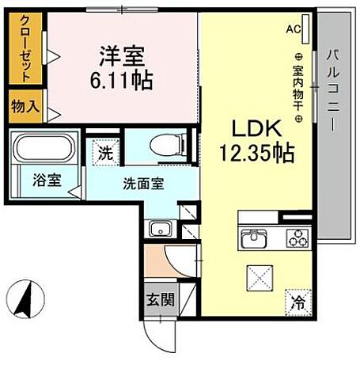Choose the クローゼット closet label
pos(25,49)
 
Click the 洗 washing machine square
pos(104,152)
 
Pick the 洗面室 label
pos(142,184)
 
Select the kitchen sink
pos(256,237)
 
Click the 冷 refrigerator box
pos(298,301)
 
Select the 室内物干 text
pos(298,87)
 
